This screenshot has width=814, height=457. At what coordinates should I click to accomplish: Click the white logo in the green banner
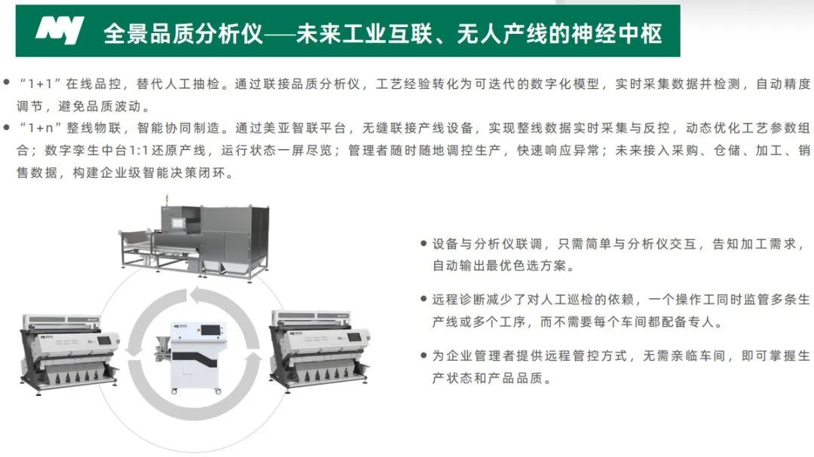pos(60,30)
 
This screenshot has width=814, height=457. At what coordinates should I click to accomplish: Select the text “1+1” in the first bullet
pos(41,84)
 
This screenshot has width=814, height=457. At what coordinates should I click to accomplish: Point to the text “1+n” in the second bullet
pos(41,128)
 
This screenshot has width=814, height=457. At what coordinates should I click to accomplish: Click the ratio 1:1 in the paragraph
pos(139,151)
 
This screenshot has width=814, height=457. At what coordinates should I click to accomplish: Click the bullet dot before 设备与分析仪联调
pos(423,243)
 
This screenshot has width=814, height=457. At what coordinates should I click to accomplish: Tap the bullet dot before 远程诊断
pos(423,300)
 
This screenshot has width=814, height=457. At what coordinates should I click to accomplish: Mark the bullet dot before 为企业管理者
pos(423,355)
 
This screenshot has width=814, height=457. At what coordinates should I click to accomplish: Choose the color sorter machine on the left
pos(69,353)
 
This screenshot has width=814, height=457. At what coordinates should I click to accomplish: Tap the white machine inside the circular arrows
pos(193,358)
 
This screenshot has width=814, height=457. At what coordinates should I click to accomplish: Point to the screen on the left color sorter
pos(104,341)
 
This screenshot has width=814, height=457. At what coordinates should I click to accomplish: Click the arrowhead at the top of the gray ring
pos(199,295)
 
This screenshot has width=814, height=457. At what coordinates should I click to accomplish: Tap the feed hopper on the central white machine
pos(162,345)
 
